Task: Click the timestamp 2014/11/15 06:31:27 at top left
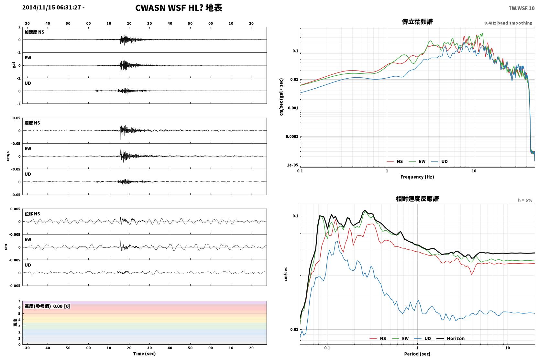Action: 52,7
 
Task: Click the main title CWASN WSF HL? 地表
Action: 179,8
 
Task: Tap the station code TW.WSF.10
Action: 522,8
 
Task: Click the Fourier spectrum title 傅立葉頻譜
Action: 417,22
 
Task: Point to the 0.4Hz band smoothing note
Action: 508,23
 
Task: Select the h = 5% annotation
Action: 525,200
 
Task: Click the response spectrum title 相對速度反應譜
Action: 417,199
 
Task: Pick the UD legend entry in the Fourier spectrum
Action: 440,162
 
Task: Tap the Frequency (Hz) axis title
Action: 417,177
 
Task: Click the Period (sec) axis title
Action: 417,354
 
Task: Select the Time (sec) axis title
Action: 144,354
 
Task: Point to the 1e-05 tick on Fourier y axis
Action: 292,165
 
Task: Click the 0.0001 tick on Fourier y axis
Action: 291,136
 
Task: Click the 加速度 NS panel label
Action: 34,32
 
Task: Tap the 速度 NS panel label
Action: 32,123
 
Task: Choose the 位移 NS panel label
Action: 32,214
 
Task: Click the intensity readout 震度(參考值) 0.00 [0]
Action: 47,306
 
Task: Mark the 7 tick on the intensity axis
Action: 19,301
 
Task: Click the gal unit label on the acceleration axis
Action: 14,65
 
